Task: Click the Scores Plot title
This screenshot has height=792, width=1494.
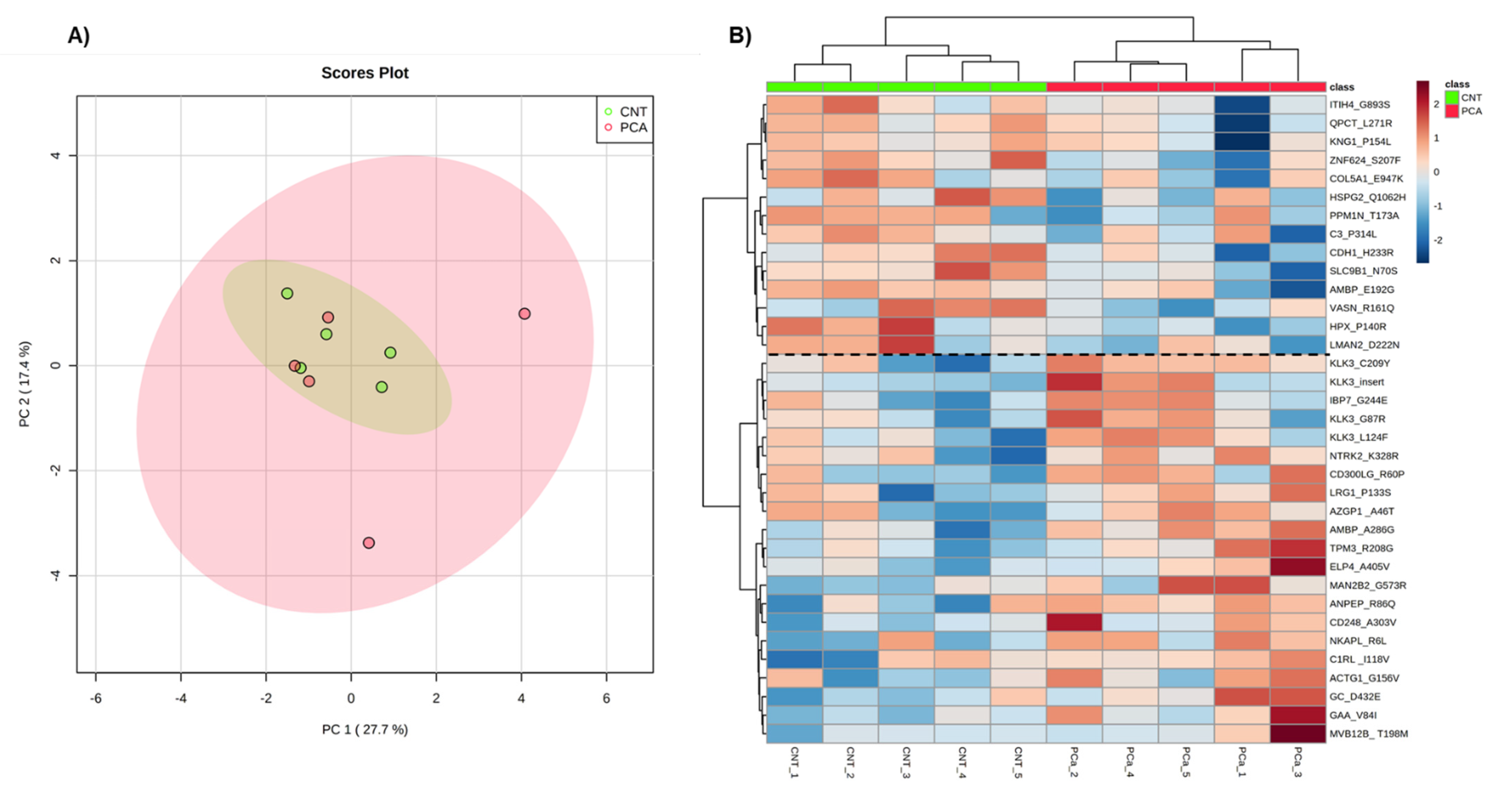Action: (x=365, y=73)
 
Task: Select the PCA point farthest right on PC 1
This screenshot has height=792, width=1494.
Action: (x=524, y=314)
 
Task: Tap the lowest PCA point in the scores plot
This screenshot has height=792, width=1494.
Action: (x=368, y=543)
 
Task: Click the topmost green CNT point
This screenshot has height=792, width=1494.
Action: (x=287, y=293)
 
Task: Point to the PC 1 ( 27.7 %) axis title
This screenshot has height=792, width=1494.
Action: (x=365, y=729)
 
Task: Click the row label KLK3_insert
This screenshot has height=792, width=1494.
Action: (x=1357, y=382)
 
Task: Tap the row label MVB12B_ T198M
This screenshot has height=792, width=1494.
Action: (x=1368, y=734)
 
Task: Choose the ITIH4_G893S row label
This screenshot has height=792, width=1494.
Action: (x=1359, y=104)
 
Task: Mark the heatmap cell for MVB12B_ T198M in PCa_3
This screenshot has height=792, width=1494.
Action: (x=1298, y=734)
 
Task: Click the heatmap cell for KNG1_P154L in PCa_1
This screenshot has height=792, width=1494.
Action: (x=1242, y=142)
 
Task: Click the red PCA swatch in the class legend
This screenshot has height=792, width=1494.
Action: (x=1452, y=111)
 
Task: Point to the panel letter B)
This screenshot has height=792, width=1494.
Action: (x=740, y=36)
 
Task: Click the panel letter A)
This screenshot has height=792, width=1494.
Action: (x=79, y=36)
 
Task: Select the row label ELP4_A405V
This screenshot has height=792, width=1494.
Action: (x=1359, y=566)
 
